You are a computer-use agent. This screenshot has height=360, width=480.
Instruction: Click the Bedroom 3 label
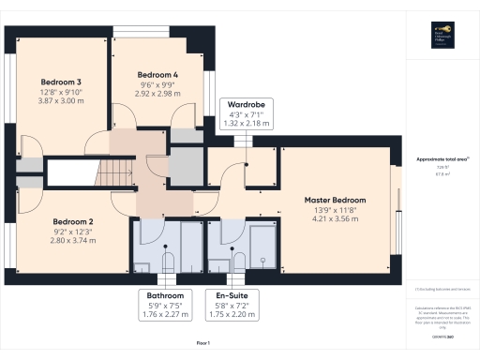(x=60, y=82)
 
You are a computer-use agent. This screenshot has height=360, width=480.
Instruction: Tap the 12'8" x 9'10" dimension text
(x=60, y=93)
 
